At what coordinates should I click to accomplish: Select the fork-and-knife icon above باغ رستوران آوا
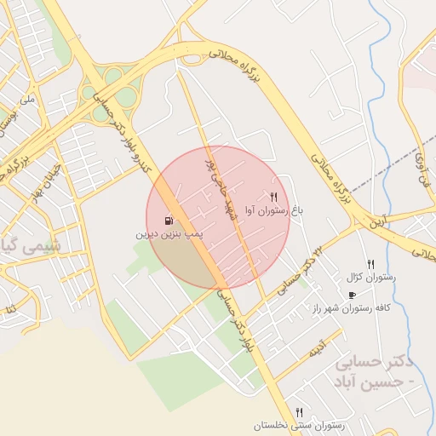[x=273, y=197]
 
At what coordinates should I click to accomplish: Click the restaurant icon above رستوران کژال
[x=370, y=265]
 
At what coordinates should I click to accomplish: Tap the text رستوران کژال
[x=366, y=278]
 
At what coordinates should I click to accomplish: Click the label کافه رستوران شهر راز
[x=351, y=308]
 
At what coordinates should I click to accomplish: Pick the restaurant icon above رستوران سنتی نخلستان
[x=299, y=412]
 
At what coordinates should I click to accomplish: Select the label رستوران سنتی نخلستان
[x=298, y=425]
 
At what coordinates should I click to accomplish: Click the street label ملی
[x=29, y=100]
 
